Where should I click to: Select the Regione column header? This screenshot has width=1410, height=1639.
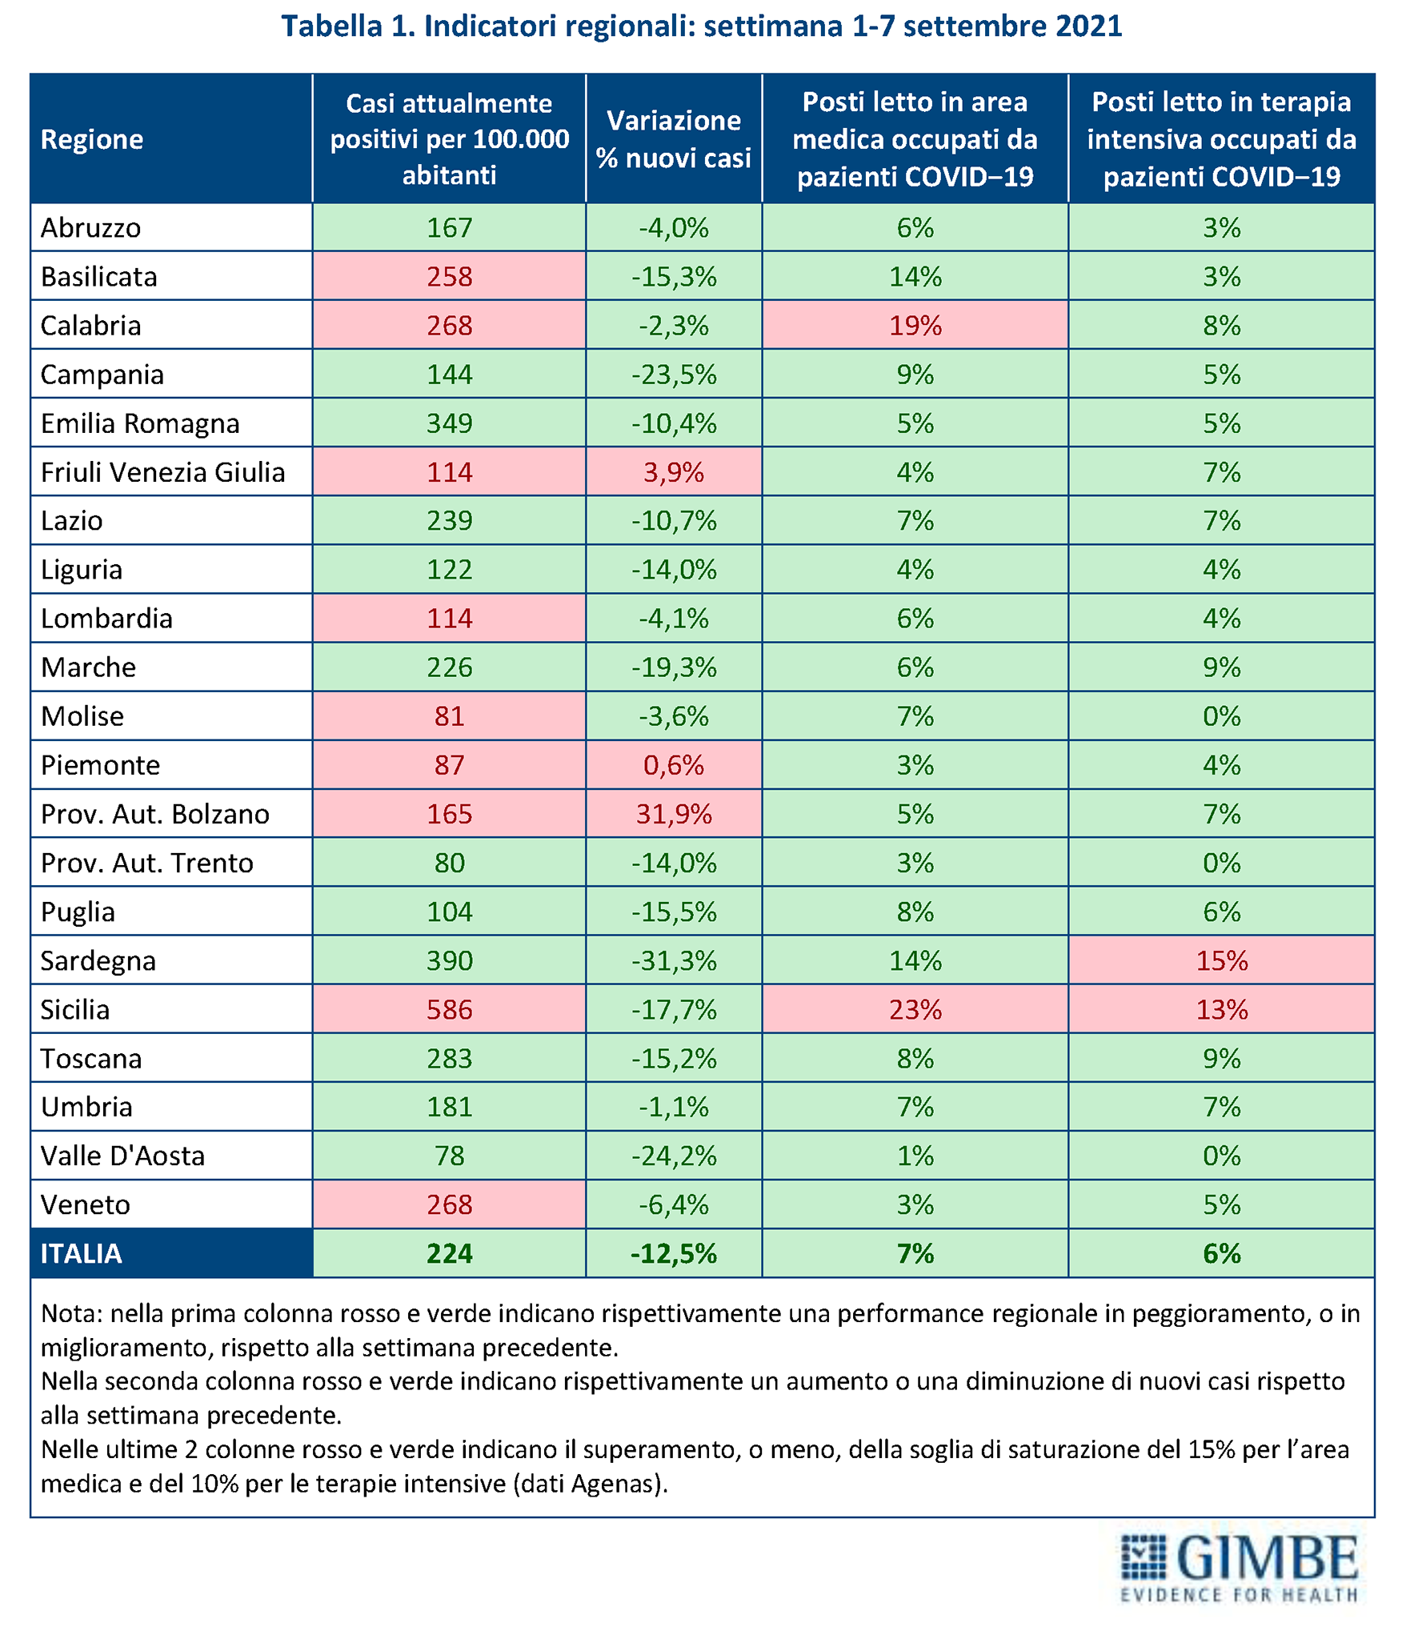tap(92, 139)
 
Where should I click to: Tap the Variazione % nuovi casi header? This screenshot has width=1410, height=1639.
tap(674, 139)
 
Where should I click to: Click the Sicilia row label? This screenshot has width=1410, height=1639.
tap(75, 1009)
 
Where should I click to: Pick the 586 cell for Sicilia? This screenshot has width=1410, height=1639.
tap(449, 1009)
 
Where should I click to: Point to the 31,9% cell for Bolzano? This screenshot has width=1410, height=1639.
tap(674, 814)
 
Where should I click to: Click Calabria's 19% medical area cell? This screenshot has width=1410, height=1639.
tap(915, 326)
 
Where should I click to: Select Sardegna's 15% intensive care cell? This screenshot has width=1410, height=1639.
tap(1221, 960)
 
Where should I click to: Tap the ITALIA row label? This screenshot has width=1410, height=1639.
tap(82, 1253)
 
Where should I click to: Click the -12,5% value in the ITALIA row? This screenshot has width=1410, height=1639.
tap(674, 1253)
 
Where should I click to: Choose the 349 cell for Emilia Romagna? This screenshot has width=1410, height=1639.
tap(449, 423)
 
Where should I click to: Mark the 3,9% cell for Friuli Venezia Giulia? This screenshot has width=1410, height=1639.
tap(674, 472)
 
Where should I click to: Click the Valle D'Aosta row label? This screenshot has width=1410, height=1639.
tap(123, 1156)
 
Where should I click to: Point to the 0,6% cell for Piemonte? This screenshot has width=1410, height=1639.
tap(674, 765)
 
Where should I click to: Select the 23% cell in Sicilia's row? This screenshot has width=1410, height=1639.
tap(915, 1009)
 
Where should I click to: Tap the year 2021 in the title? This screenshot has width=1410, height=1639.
tap(1088, 26)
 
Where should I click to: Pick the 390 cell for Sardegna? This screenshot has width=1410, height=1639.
tap(449, 960)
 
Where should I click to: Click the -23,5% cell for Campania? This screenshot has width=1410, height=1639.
tap(674, 375)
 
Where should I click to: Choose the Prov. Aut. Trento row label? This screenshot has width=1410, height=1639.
tap(147, 863)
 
